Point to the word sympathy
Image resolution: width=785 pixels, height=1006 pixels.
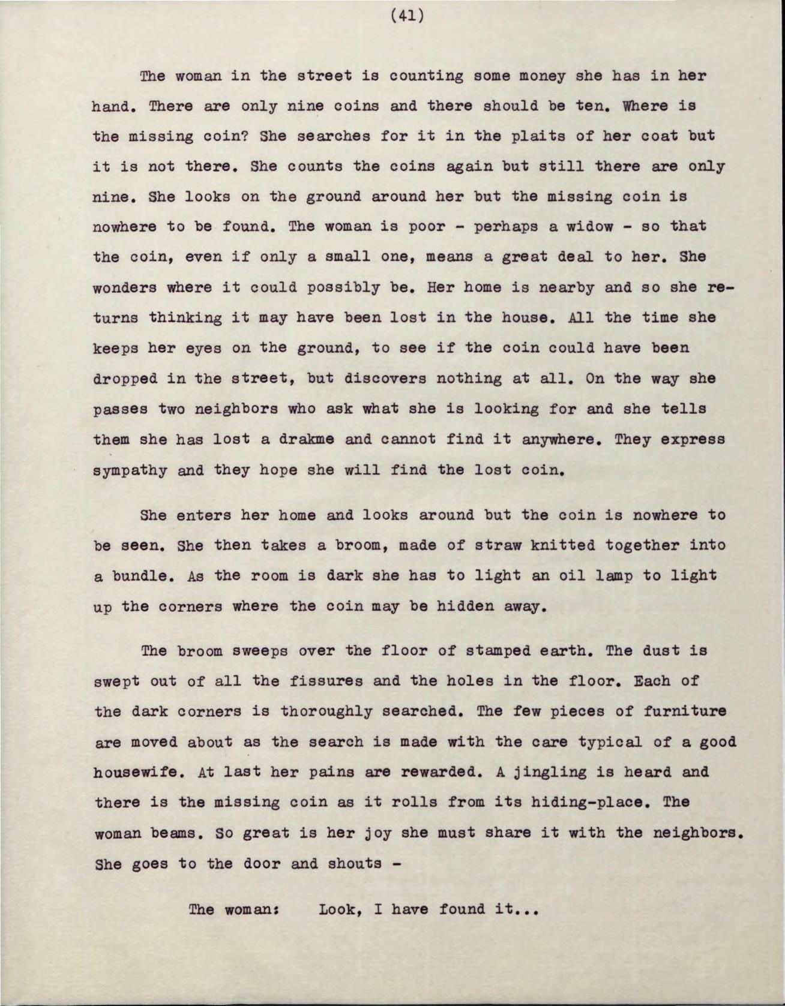coord(130,470)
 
